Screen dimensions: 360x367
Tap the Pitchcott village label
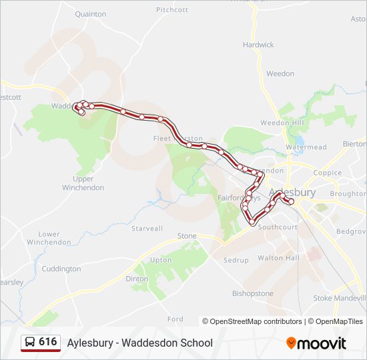[x=172, y=10]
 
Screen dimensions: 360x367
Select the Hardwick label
[x=258, y=45]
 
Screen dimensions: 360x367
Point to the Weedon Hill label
[x=282, y=123]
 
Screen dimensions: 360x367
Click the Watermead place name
[x=306, y=147]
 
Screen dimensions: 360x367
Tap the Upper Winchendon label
[x=83, y=183]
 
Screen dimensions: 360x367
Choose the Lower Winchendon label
[x=49, y=238]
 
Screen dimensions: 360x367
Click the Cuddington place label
[x=61, y=269]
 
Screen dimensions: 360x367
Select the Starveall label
[x=147, y=228]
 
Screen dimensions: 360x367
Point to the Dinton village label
[x=137, y=279]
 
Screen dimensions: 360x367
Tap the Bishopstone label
[x=253, y=293]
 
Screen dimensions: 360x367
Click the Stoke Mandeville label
[x=340, y=298]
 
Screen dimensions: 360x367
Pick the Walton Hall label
[x=278, y=257]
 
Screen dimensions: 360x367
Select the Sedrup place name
[x=236, y=260]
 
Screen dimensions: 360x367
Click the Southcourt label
[x=278, y=227]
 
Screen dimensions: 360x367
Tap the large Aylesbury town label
[x=292, y=193]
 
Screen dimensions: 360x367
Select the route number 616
[x=48, y=342]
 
